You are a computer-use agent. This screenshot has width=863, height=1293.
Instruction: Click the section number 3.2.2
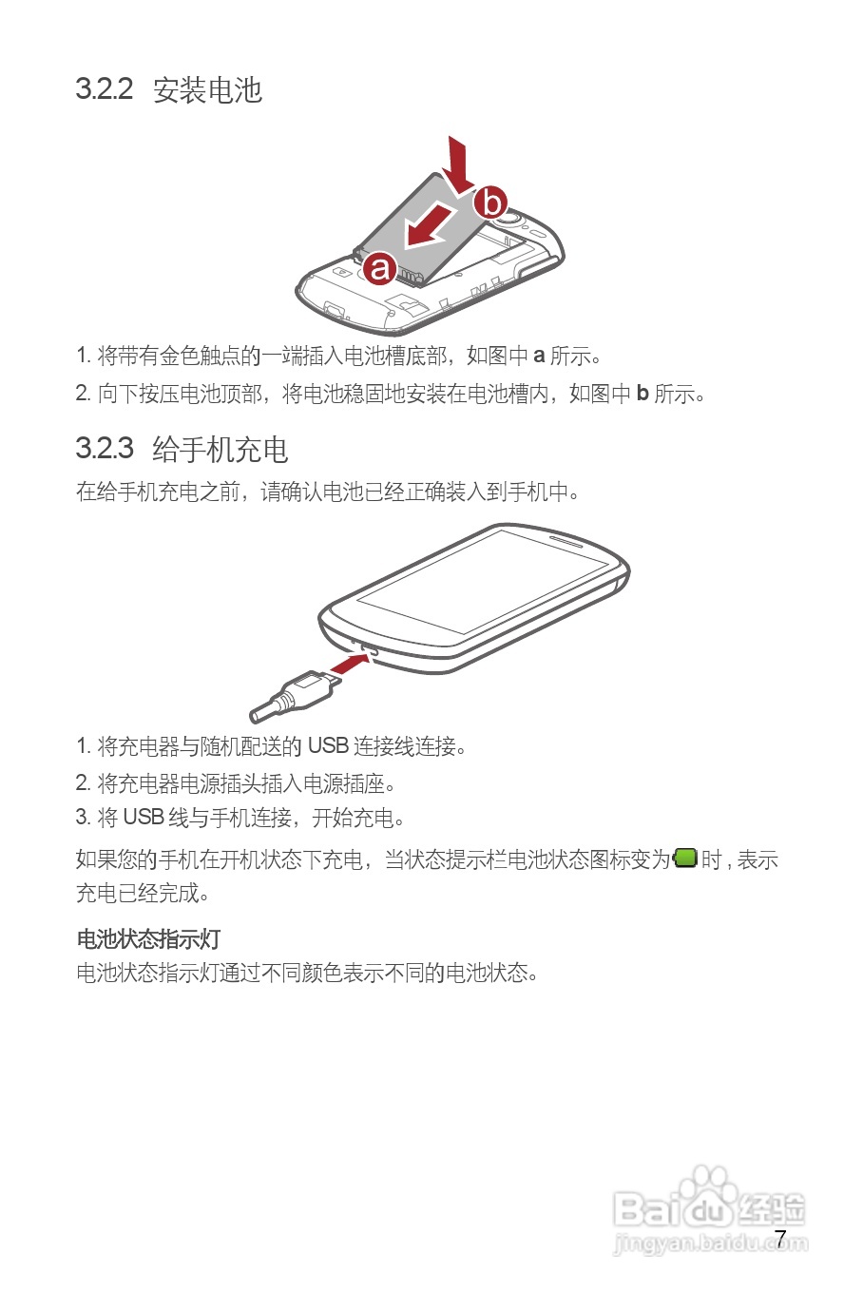pos(105,89)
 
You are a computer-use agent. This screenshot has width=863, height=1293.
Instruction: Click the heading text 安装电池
pos(207,90)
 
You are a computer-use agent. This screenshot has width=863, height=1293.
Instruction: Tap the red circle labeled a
pos(380,268)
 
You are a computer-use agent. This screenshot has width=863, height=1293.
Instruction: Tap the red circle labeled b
pos(490,202)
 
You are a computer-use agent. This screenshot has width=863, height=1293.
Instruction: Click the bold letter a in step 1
pos(539,357)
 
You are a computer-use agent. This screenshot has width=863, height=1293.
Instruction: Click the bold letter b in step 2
pos(642,394)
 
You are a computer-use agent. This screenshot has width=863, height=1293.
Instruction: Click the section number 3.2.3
pos(105,448)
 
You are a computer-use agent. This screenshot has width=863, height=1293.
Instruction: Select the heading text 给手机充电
pos(221,449)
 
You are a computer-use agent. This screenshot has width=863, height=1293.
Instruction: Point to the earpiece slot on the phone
pos(566,539)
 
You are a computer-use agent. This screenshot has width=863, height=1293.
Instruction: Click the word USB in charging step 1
pos(328,746)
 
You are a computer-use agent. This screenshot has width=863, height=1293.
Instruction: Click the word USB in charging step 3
pos(144,818)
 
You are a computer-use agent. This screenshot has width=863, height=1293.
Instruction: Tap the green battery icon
pos(685,859)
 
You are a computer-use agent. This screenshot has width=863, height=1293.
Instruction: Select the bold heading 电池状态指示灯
pos(148,939)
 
